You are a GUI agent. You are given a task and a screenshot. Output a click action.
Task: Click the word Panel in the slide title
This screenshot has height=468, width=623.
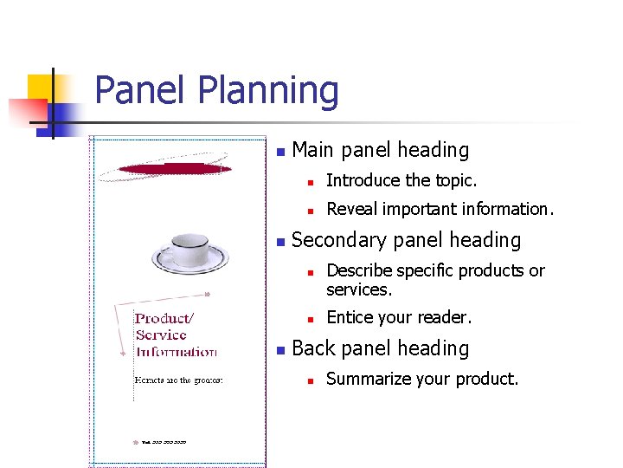[139, 91]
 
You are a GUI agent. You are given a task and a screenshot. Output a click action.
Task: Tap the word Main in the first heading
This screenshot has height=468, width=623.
[312, 150]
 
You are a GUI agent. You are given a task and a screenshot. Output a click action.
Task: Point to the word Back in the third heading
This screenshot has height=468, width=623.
[314, 348]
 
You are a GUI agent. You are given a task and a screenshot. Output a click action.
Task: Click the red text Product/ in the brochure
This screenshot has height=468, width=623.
[164, 318]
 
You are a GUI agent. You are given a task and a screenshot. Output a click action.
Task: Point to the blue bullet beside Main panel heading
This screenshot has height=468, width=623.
[279, 152]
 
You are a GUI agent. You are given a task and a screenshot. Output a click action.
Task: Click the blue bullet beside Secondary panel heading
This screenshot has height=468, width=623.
[279, 242]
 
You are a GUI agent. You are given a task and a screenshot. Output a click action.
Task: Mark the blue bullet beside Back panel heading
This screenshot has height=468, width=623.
[279, 350]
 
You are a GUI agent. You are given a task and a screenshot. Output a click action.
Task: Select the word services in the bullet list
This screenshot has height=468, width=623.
[358, 289]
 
